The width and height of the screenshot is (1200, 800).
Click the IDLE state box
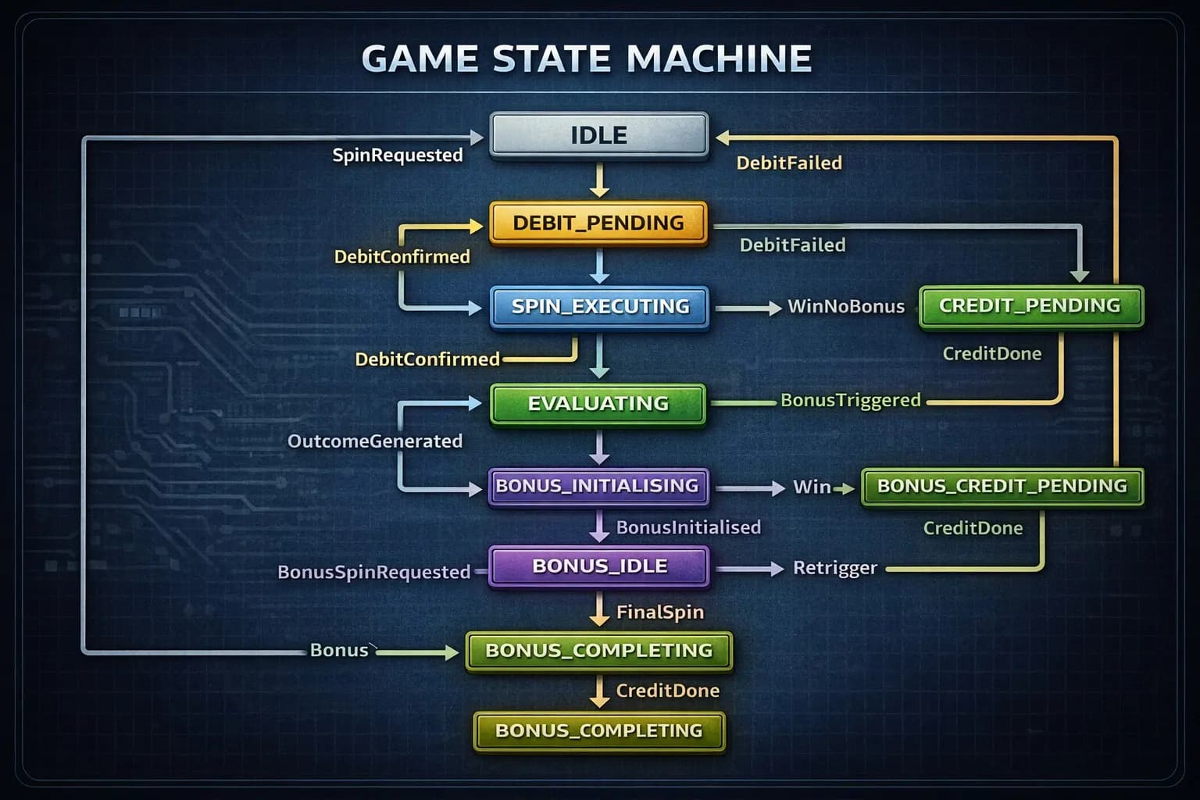click(598, 135)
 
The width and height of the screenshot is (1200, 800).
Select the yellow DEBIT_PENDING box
click(598, 223)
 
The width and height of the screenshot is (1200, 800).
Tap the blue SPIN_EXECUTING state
click(599, 306)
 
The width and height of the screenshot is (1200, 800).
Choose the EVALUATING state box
click(598, 403)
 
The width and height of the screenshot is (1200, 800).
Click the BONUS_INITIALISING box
click(598, 486)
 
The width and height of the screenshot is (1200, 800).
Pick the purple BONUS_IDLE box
click(598, 566)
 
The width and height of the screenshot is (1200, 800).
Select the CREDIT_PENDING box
click(1030, 305)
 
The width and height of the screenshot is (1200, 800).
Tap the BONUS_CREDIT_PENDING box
click(1002, 486)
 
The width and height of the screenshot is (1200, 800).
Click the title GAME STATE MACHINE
click(587, 59)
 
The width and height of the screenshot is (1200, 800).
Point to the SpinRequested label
click(398, 155)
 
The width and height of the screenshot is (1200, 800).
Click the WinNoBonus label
click(845, 306)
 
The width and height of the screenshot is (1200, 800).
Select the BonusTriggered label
click(850, 400)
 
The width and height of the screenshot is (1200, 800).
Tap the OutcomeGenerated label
click(375, 441)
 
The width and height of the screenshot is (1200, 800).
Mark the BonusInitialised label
click(688, 527)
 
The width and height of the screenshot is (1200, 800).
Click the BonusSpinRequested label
click(373, 572)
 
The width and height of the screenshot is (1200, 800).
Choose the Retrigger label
click(834, 568)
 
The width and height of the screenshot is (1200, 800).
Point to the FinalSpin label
click(659, 612)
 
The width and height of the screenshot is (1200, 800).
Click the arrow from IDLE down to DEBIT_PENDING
click(599, 180)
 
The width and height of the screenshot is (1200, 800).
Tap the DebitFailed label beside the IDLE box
click(789, 163)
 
